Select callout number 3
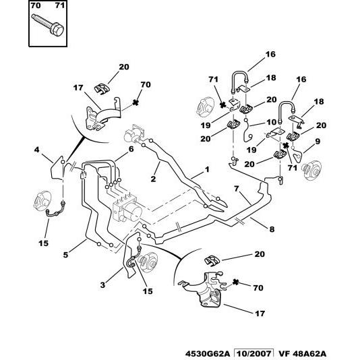coord(103,285)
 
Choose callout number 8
coord(272,229)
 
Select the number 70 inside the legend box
coord(36,7)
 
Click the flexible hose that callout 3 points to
coord(129,267)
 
